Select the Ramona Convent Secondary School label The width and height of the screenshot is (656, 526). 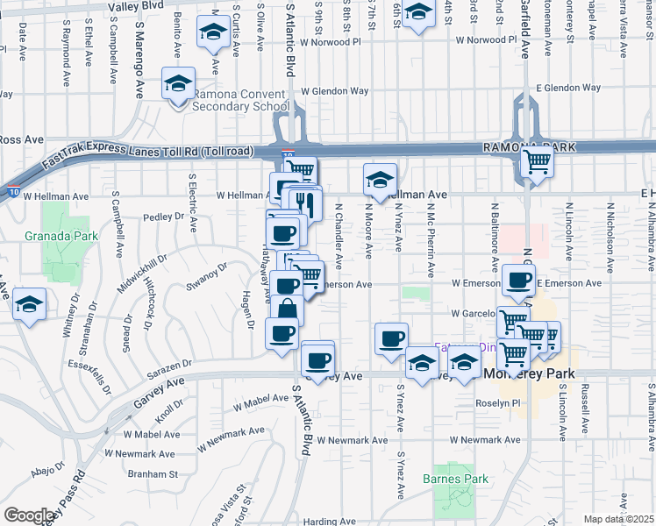coord(240,101)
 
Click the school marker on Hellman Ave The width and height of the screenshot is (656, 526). coord(380,181)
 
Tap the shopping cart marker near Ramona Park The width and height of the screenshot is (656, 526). coord(536,162)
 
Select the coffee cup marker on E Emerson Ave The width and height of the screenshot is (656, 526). coord(520,281)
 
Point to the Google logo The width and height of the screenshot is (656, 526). coord(30,515)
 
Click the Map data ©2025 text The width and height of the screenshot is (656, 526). coord(618,519)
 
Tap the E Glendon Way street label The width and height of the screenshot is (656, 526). coord(568,88)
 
